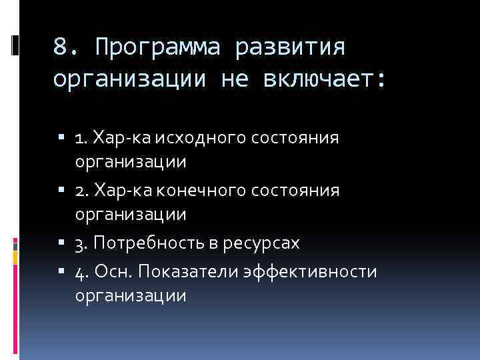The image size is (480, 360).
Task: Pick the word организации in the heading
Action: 129,80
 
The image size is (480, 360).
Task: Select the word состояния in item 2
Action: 303,191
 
